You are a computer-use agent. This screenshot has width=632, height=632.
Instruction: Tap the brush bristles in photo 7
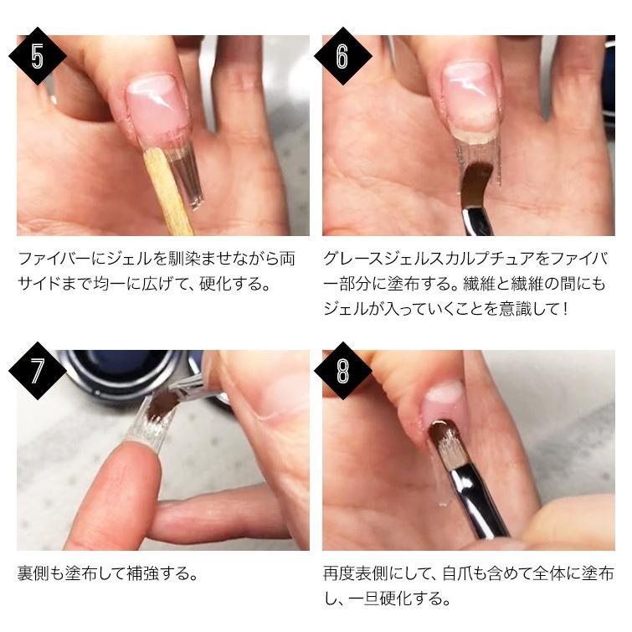[162, 406]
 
